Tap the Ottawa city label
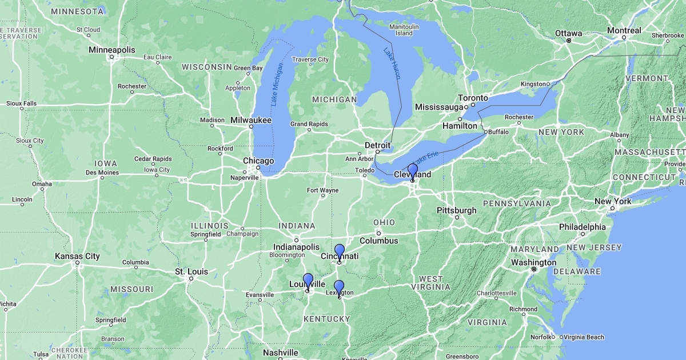coord(568,33)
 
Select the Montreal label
coord(624,30)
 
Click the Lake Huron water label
coord(392,63)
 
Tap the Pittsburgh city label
coord(457,210)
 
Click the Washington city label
coord(534,262)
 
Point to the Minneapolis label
coord(112,50)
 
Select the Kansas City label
coord(77,257)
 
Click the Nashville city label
coord(280,353)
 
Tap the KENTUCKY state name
coord(324,318)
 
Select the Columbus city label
coord(378,241)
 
